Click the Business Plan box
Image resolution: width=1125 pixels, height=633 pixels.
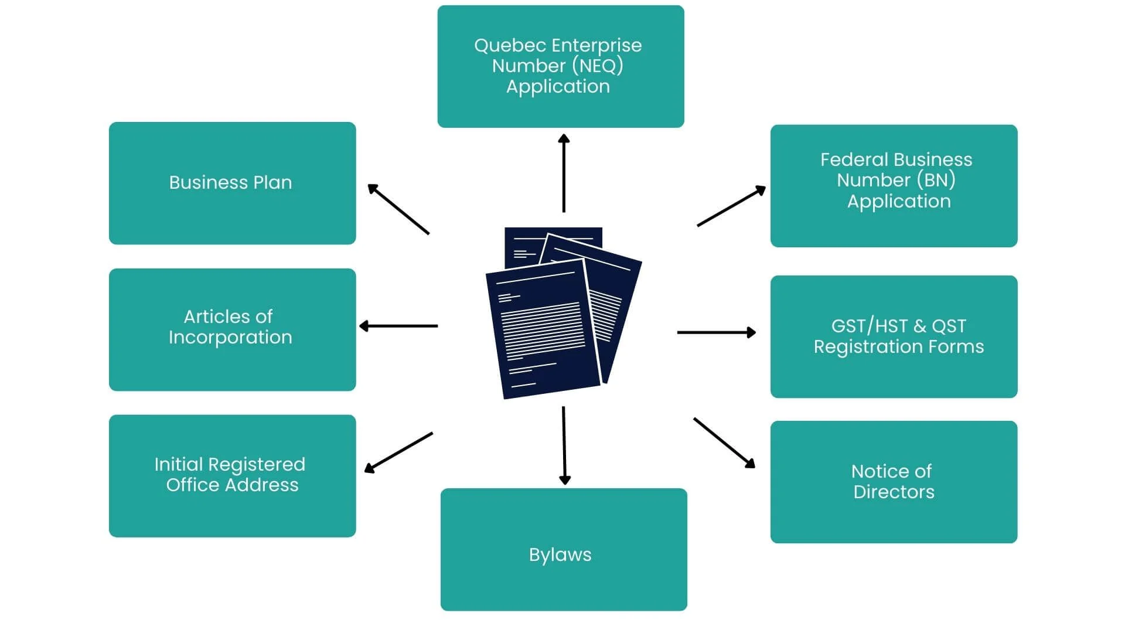[x=232, y=183]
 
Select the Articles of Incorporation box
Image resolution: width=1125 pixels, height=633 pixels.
[x=232, y=329]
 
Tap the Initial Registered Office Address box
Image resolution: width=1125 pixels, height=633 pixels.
[x=232, y=475]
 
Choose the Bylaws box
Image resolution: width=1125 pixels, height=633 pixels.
[x=563, y=549]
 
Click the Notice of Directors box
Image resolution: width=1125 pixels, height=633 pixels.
[x=894, y=482]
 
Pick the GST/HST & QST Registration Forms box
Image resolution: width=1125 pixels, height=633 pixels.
[x=894, y=336]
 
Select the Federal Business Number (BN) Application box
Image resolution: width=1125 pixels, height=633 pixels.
[x=894, y=185]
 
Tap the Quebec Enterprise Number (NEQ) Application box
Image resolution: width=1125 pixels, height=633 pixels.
[x=560, y=66]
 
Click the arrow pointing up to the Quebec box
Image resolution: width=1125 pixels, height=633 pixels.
[x=564, y=173]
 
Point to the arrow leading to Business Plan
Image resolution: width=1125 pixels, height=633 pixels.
[x=398, y=209]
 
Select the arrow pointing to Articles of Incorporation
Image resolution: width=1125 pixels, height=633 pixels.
[x=398, y=326]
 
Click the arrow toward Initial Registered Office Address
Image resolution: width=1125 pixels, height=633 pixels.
[x=398, y=452]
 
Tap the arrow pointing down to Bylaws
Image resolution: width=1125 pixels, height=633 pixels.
[x=564, y=445]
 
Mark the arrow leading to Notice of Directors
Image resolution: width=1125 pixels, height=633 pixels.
[x=724, y=443]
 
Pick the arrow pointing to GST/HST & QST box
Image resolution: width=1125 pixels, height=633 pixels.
[x=716, y=332]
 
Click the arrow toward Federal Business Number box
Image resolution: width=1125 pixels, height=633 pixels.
[x=731, y=206]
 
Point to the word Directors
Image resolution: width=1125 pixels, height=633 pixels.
[x=894, y=492]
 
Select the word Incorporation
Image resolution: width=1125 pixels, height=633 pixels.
[x=230, y=338]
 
